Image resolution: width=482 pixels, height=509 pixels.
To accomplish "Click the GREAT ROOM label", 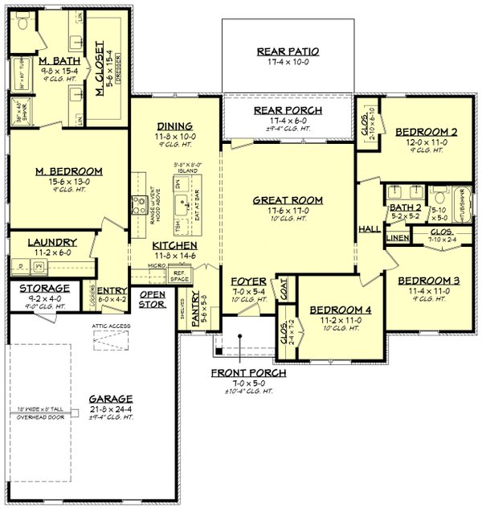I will (x=288, y=200).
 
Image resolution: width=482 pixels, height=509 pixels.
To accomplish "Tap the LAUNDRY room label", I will (x=51, y=242).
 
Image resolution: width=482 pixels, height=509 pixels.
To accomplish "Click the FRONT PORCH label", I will (x=248, y=374).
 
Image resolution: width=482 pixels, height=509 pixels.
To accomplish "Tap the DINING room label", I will (x=174, y=125).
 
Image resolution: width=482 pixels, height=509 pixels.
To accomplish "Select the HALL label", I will (x=370, y=229).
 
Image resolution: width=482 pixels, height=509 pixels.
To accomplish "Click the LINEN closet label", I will (x=397, y=238).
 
